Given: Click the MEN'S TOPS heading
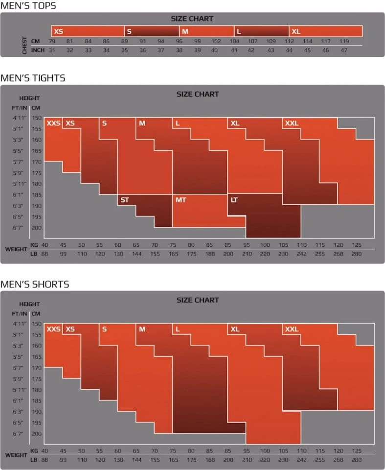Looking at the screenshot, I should (x=28, y=6).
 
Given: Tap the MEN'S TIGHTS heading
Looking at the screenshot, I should (x=33, y=78).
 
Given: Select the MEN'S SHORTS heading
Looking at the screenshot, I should (x=35, y=284).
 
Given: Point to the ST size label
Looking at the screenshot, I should (x=125, y=200).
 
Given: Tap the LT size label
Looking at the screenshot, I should (x=234, y=200).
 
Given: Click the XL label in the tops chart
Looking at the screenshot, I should (x=296, y=31).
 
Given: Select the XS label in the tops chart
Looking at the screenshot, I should (x=58, y=31).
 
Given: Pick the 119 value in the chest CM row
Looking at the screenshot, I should (x=344, y=41).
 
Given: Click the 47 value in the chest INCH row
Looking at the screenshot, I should (x=344, y=50).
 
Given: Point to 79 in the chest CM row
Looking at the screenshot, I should (x=51, y=41).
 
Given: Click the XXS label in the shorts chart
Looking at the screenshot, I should (x=53, y=329).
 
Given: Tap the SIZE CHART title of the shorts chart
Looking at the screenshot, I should (x=198, y=300).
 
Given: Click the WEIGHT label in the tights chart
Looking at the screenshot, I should (x=16, y=249).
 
